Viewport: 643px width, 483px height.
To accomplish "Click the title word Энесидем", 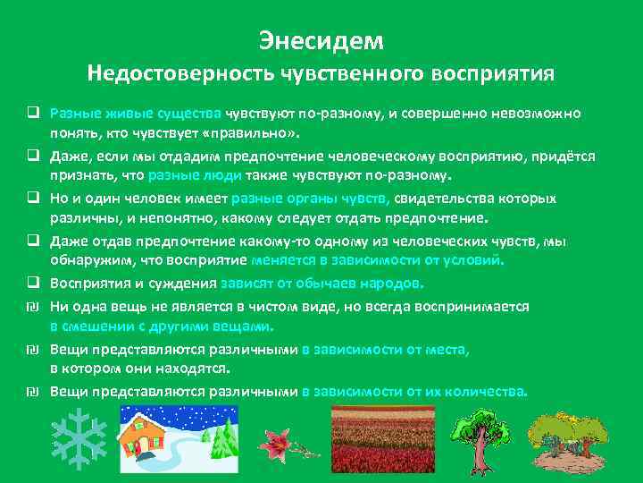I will (321, 40).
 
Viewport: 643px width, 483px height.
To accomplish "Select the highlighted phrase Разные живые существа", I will (136, 114).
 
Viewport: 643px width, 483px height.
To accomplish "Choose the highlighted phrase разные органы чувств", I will (309, 199).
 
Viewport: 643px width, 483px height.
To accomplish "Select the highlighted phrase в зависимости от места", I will (386, 350).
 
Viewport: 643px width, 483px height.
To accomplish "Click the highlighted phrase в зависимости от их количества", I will (415, 391).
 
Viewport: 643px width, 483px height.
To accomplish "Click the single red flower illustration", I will (273, 441).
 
